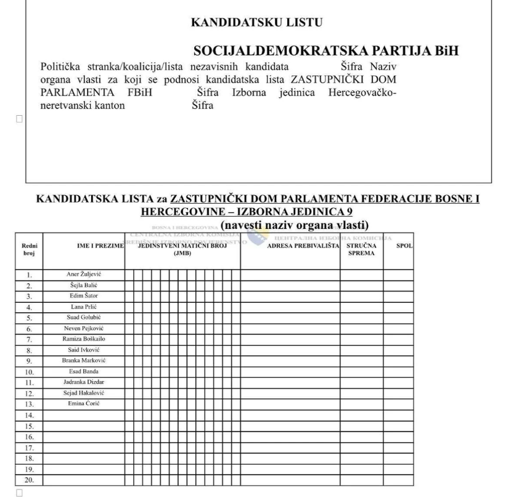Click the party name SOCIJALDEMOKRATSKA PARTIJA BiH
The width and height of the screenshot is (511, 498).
pyautogui.click(x=326, y=51)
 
